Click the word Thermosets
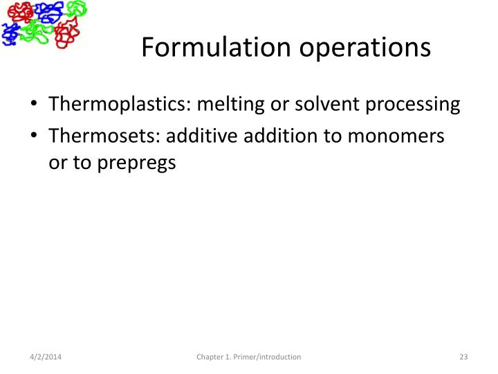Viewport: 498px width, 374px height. [x=101, y=136]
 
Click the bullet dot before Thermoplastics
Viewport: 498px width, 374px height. [x=34, y=105]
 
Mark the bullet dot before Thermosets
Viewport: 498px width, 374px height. [x=34, y=137]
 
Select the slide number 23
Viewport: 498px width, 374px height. [x=463, y=357]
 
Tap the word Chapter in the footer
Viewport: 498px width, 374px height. [x=210, y=357]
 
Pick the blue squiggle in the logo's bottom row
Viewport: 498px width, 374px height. [x=10, y=32]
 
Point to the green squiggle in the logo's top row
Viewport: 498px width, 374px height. [x=75, y=10]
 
